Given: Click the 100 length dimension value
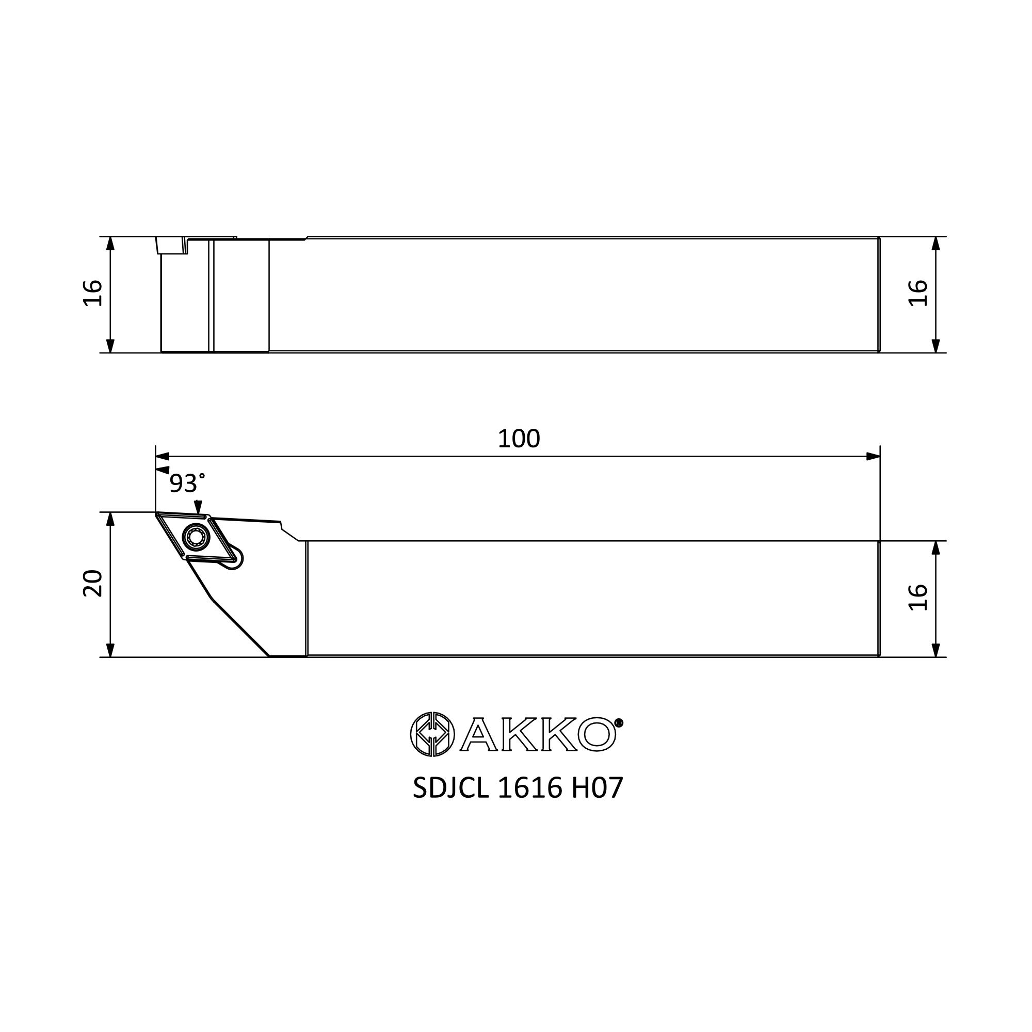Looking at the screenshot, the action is pyautogui.click(x=519, y=439).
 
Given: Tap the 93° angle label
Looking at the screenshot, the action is pyautogui.click(x=187, y=483).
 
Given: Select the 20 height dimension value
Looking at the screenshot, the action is pyautogui.click(x=93, y=584).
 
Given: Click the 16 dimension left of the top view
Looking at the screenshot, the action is pyautogui.click(x=93, y=293).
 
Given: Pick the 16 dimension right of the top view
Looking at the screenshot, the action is pyautogui.click(x=918, y=293).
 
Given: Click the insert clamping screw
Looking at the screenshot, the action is pyautogui.click(x=196, y=537).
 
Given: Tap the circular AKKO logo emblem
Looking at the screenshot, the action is pyautogui.click(x=432, y=734).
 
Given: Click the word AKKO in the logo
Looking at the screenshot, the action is pyautogui.click(x=537, y=734).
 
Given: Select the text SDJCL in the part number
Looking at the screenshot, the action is pyautogui.click(x=451, y=788).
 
